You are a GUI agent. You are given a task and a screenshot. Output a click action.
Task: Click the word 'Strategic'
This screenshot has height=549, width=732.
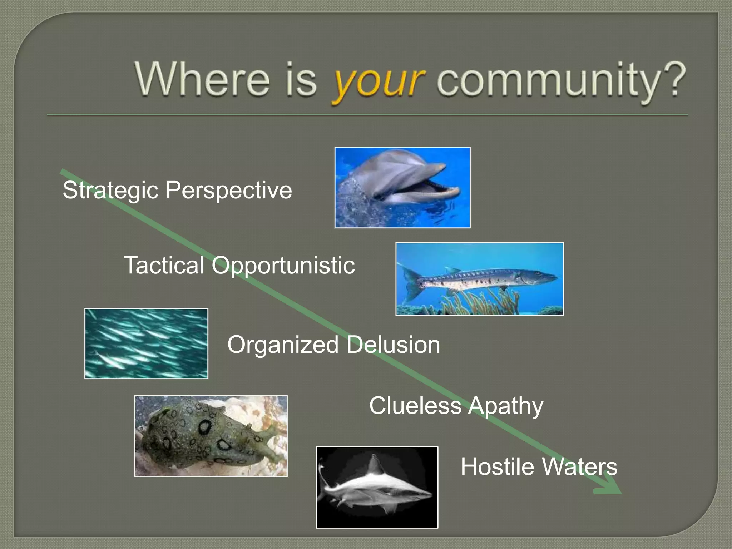(110, 190)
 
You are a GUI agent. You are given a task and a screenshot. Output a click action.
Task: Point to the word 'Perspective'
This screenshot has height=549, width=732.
(229, 190)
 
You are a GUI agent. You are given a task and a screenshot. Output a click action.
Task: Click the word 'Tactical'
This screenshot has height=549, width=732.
(164, 265)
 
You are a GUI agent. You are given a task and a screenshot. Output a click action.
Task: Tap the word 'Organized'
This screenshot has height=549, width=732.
(283, 345)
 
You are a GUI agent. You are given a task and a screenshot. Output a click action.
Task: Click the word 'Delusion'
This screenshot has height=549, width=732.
(393, 345)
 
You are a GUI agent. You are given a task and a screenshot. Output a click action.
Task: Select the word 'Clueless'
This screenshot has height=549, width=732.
(415, 406)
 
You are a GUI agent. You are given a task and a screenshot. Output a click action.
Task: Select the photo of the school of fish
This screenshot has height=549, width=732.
(146, 343)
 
